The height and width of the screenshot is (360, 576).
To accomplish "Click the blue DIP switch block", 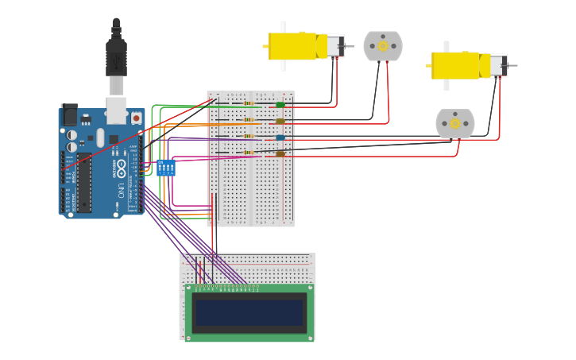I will pos(166,168).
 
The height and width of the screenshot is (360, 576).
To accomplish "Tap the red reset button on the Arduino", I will pos(136,118).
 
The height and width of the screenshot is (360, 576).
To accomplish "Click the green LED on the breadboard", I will pos(280,104).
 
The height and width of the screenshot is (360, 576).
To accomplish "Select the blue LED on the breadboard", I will pos(280,137).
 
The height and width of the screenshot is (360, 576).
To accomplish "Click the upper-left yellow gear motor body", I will pos(292,46).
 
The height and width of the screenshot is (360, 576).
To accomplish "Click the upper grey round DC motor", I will pos(383,46).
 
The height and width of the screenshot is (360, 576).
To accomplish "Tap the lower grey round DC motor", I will pos(455,123).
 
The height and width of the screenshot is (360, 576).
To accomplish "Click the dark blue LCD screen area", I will pos(249,312).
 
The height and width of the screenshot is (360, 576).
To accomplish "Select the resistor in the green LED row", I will pos(249,104).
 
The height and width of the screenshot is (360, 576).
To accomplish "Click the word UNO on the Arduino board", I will pos(121,191).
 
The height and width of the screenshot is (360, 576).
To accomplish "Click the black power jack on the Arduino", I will pos(70,116).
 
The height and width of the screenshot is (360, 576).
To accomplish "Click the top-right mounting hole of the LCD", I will pos(310,288).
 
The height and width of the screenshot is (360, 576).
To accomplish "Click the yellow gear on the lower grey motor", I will pos(455,123).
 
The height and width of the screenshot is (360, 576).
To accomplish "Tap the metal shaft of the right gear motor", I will pos(513,65).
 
